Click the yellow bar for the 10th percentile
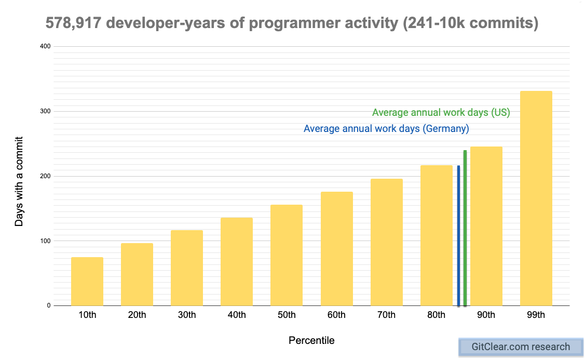(x=87, y=281)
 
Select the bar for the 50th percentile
(x=287, y=255)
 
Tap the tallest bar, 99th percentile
(x=536, y=198)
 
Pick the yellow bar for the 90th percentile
(x=486, y=226)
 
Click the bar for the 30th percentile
(x=187, y=268)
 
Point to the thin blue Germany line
(x=458, y=235)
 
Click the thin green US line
(x=465, y=228)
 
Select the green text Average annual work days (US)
(x=441, y=113)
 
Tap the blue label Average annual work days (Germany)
(x=386, y=129)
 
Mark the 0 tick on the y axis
(x=48, y=305)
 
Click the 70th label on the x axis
(x=386, y=315)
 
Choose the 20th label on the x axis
(x=137, y=315)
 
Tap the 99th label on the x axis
(x=536, y=315)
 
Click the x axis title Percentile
(x=311, y=341)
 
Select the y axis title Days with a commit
(x=19, y=181)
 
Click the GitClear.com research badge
(x=521, y=347)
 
